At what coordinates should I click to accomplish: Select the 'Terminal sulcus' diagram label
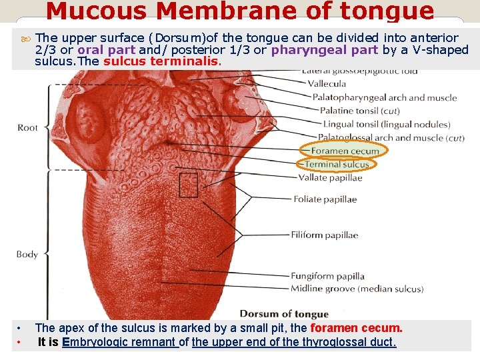point(337,164)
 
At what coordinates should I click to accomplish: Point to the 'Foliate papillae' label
point(325,199)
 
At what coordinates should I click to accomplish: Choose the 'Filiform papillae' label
point(324,235)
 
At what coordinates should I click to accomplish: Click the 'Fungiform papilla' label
point(327,276)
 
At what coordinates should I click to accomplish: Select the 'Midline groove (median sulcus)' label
point(357,289)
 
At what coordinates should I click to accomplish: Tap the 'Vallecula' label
point(327,84)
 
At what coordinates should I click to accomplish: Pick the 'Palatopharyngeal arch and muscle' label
point(385,97)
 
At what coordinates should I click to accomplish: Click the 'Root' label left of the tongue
point(28,127)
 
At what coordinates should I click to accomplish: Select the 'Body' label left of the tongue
point(27,254)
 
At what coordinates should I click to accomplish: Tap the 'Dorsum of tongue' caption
point(284,314)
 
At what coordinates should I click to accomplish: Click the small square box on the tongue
point(189,185)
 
